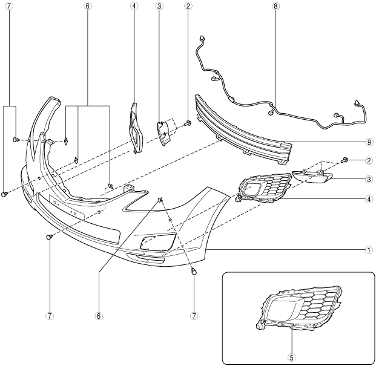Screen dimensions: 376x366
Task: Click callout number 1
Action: [x=369, y=249]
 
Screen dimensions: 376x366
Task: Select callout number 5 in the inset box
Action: [x=291, y=357]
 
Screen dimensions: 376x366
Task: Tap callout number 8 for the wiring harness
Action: [x=275, y=8]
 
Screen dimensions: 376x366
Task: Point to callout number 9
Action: [x=369, y=143]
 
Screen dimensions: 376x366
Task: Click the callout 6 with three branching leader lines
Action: [x=88, y=8]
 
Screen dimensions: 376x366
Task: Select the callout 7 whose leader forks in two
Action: [x=9, y=8]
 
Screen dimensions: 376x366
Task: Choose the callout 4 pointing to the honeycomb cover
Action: [x=369, y=198]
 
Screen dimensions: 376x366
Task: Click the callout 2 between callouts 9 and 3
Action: [x=369, y=160]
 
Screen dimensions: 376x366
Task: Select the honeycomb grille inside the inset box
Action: [x=303, y=309]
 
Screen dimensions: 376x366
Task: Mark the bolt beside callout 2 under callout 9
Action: [x=346, y=160]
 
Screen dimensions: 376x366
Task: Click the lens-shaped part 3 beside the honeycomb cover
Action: [x=311, y=176]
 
